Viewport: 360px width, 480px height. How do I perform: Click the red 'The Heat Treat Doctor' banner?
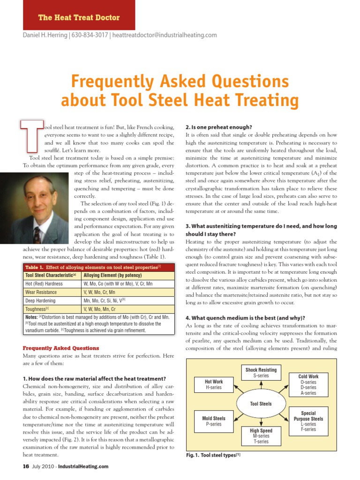click(79, 17)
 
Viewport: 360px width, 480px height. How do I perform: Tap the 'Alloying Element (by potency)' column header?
click(111, 275)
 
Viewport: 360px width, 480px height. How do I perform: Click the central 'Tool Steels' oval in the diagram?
click(261, 404)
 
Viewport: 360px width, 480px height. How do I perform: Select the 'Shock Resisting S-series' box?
click(261, 373)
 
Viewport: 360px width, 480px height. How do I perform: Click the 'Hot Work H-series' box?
click(214, 385)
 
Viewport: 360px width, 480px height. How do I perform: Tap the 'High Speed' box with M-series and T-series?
click(261, 435)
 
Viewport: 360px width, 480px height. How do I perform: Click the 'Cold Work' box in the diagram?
click(308, 384)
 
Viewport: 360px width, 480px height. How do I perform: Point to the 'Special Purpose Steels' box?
click(308, 421)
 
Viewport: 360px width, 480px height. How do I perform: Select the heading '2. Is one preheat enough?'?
click(219, 127)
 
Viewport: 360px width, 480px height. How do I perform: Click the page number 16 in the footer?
click(26, 466)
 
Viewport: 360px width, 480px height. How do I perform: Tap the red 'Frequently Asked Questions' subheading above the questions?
click(61, 348)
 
